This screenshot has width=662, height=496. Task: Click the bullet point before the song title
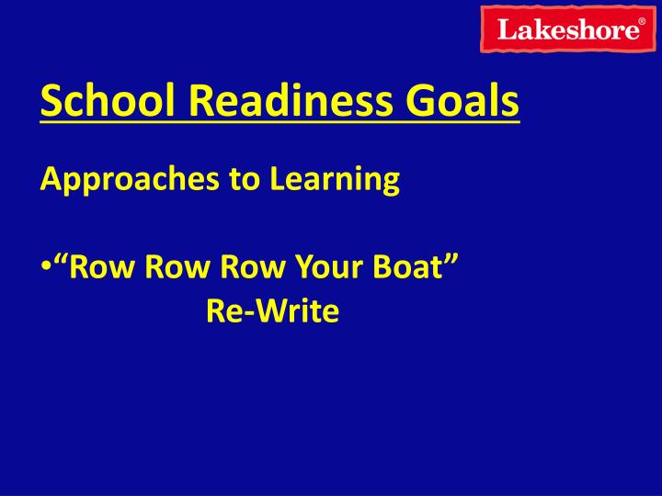pyautogui.click(x=45, y=269)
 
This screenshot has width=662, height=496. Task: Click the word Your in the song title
pyautogui.click(x=307, y=268)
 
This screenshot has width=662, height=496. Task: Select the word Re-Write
pyautogui.click(x=273, y=312)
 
